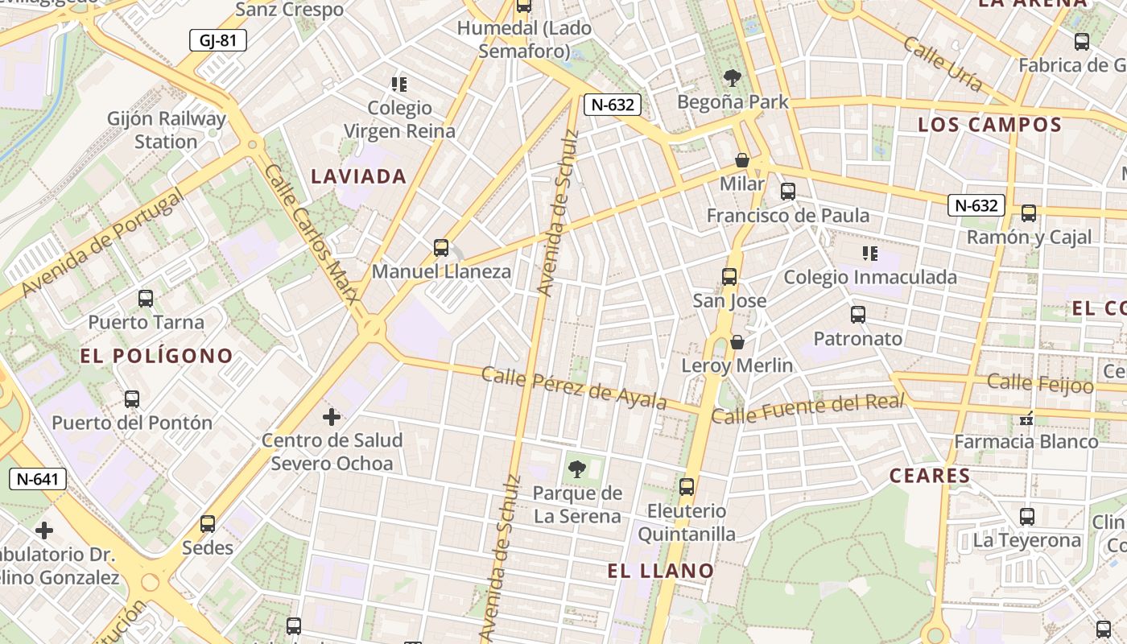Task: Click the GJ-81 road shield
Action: (217, 40)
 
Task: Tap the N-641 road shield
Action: (37, 479)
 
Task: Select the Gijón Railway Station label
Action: (167, 130)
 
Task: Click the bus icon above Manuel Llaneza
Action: (440, 247)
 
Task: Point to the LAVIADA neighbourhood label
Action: (359, 176)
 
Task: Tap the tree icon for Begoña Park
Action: (732, 78)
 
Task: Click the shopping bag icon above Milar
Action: (742, 160)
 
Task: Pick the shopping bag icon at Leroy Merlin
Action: (737, 342)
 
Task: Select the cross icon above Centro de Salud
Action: (332, 417)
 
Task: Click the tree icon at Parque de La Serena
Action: (576, 469)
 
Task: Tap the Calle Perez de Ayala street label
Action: (574, 386)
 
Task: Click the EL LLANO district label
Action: (661, 571)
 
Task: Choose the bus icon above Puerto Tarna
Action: (146, 299)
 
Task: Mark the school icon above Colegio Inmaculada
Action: (870, 254)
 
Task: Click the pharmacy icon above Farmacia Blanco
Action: (1026, 418)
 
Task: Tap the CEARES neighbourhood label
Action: (930, 476)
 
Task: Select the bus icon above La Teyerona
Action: (1027, 517)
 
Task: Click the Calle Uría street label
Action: (943, 64)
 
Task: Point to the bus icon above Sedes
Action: (208, 524)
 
